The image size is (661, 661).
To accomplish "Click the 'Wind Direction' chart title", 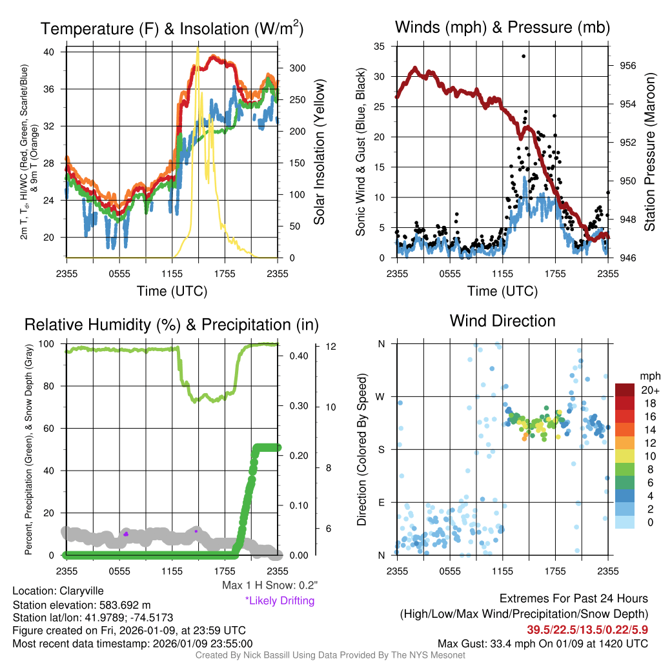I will (502, 321).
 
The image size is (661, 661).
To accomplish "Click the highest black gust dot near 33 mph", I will (524, 56).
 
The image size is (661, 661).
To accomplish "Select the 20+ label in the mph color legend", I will (650, 390).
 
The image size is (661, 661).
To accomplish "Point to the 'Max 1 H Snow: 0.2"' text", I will (269, 585).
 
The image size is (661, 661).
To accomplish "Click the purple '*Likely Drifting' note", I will (280, 601).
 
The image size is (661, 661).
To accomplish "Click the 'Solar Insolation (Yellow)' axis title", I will (319, 152).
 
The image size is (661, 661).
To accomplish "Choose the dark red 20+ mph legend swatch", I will (625, 390).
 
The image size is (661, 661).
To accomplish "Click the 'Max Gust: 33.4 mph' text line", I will (543, 643).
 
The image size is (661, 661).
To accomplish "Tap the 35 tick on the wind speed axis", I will (380, 46).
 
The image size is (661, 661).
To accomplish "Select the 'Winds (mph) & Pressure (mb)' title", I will (502, 27).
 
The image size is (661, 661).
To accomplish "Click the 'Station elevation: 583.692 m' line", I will (81, 605).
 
